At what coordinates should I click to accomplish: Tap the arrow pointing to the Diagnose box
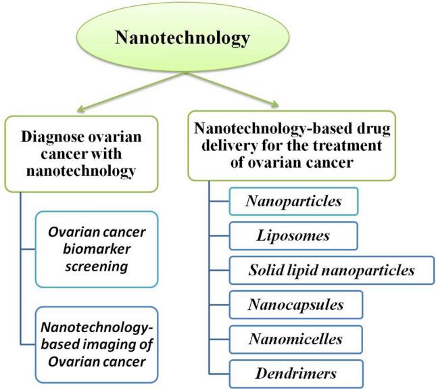(x=101, y=94)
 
